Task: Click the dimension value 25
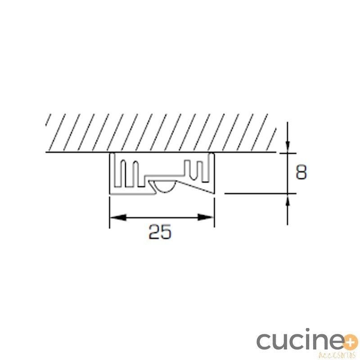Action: click(160, 232)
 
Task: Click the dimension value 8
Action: click(301, 172)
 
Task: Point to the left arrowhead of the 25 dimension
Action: click(118, 217)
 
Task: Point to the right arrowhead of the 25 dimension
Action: click(206, 217)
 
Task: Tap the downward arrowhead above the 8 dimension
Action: click(288, 147)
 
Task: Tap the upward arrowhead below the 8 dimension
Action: click(288, 200)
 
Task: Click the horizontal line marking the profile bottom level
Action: click(260, 193)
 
